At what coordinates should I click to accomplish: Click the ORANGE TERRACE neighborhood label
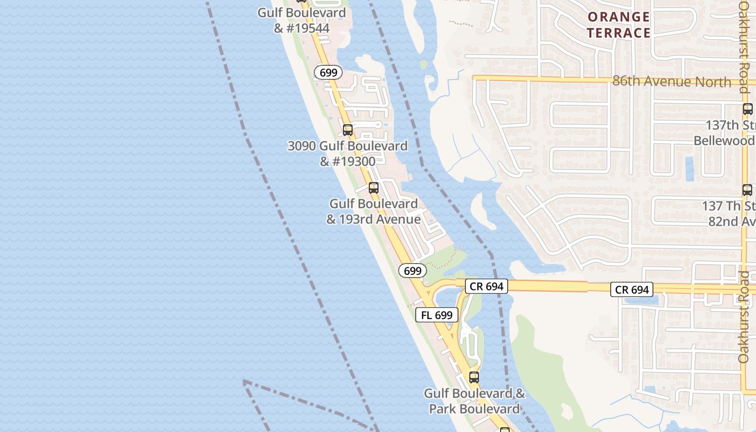[618, 25]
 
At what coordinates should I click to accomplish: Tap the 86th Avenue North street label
[672, 82]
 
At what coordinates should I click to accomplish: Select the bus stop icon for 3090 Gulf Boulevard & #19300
[348, 130]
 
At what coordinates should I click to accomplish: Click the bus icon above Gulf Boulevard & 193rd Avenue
[373, 188]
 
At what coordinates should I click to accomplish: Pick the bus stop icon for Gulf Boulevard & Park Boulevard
[474, 377]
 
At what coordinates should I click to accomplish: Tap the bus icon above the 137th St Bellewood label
[747, 109]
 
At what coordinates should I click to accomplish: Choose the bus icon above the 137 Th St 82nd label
[747, 190]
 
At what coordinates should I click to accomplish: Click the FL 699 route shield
[437, 315]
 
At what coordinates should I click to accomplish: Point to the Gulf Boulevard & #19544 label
[301, 20]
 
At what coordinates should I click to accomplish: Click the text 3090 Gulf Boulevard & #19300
[347, 153]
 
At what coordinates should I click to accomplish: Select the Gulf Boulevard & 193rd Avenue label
[374, 211]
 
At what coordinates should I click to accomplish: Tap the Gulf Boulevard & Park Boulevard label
[474, 401]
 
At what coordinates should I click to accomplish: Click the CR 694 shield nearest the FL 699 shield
[487, 286]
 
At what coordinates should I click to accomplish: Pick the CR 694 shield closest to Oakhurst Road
[632, 289]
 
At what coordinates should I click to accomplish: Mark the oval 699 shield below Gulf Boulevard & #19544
[328, 72]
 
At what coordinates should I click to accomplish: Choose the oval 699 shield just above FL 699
[413, 271]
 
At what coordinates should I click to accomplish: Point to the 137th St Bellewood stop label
[727, 133]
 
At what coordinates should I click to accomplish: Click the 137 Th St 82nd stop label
[729, 214]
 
